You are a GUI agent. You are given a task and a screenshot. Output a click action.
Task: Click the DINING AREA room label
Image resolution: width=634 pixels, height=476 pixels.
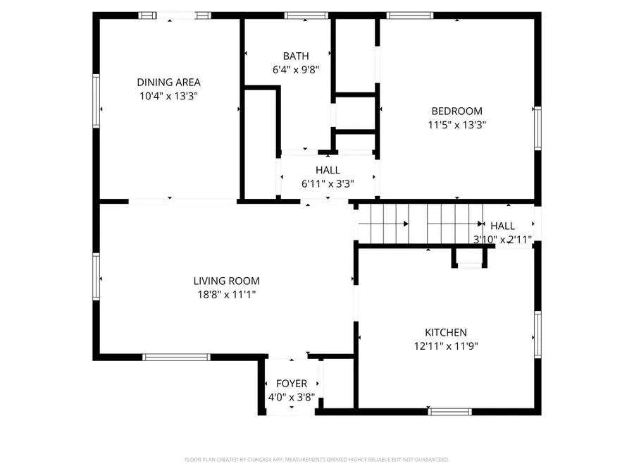(x=168, y=83)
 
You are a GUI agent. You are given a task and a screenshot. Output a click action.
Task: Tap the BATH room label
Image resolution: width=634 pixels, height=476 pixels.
(x=296, y=56)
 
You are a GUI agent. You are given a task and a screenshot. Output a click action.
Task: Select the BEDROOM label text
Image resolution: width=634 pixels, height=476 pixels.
(x=456, y=111)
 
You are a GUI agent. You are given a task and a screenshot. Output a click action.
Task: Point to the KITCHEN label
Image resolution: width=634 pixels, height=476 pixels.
(x=445, y=332)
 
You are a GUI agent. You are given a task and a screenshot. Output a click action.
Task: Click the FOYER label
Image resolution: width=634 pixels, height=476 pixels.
(x=292, y=384)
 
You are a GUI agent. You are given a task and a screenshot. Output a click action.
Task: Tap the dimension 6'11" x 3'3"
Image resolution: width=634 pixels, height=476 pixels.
(x=328, y=183)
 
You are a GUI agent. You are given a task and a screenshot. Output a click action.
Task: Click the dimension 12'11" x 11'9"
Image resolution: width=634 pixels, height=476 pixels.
(x=445, y=346)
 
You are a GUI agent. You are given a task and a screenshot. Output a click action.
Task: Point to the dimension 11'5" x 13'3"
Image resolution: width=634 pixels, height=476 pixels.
(x=456, y=125)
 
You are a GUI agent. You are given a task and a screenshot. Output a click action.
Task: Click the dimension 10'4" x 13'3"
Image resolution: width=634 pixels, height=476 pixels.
(x=168, y=96)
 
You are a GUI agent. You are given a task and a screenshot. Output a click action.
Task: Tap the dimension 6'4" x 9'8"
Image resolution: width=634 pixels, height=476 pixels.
(x=296, y=70)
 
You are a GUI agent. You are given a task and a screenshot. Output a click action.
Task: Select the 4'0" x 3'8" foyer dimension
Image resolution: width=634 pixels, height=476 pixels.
(x=292, y=397)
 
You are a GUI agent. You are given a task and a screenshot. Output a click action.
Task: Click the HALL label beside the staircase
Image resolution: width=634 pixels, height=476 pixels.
(x=502, y=226)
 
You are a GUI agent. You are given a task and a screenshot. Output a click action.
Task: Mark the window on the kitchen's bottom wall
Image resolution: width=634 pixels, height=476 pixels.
(x=449, y=411)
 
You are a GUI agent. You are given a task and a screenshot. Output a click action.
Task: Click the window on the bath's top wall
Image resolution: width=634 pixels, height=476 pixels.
(x=306, y=16)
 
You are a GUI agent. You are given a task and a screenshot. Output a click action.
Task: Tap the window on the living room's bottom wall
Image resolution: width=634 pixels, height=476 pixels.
(x=176, y=357)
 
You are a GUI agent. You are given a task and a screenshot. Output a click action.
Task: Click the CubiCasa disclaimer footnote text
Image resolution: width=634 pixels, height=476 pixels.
(x=316, y=460)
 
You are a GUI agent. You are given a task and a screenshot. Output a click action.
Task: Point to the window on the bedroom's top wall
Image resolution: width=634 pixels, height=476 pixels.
(x=410, y=16)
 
